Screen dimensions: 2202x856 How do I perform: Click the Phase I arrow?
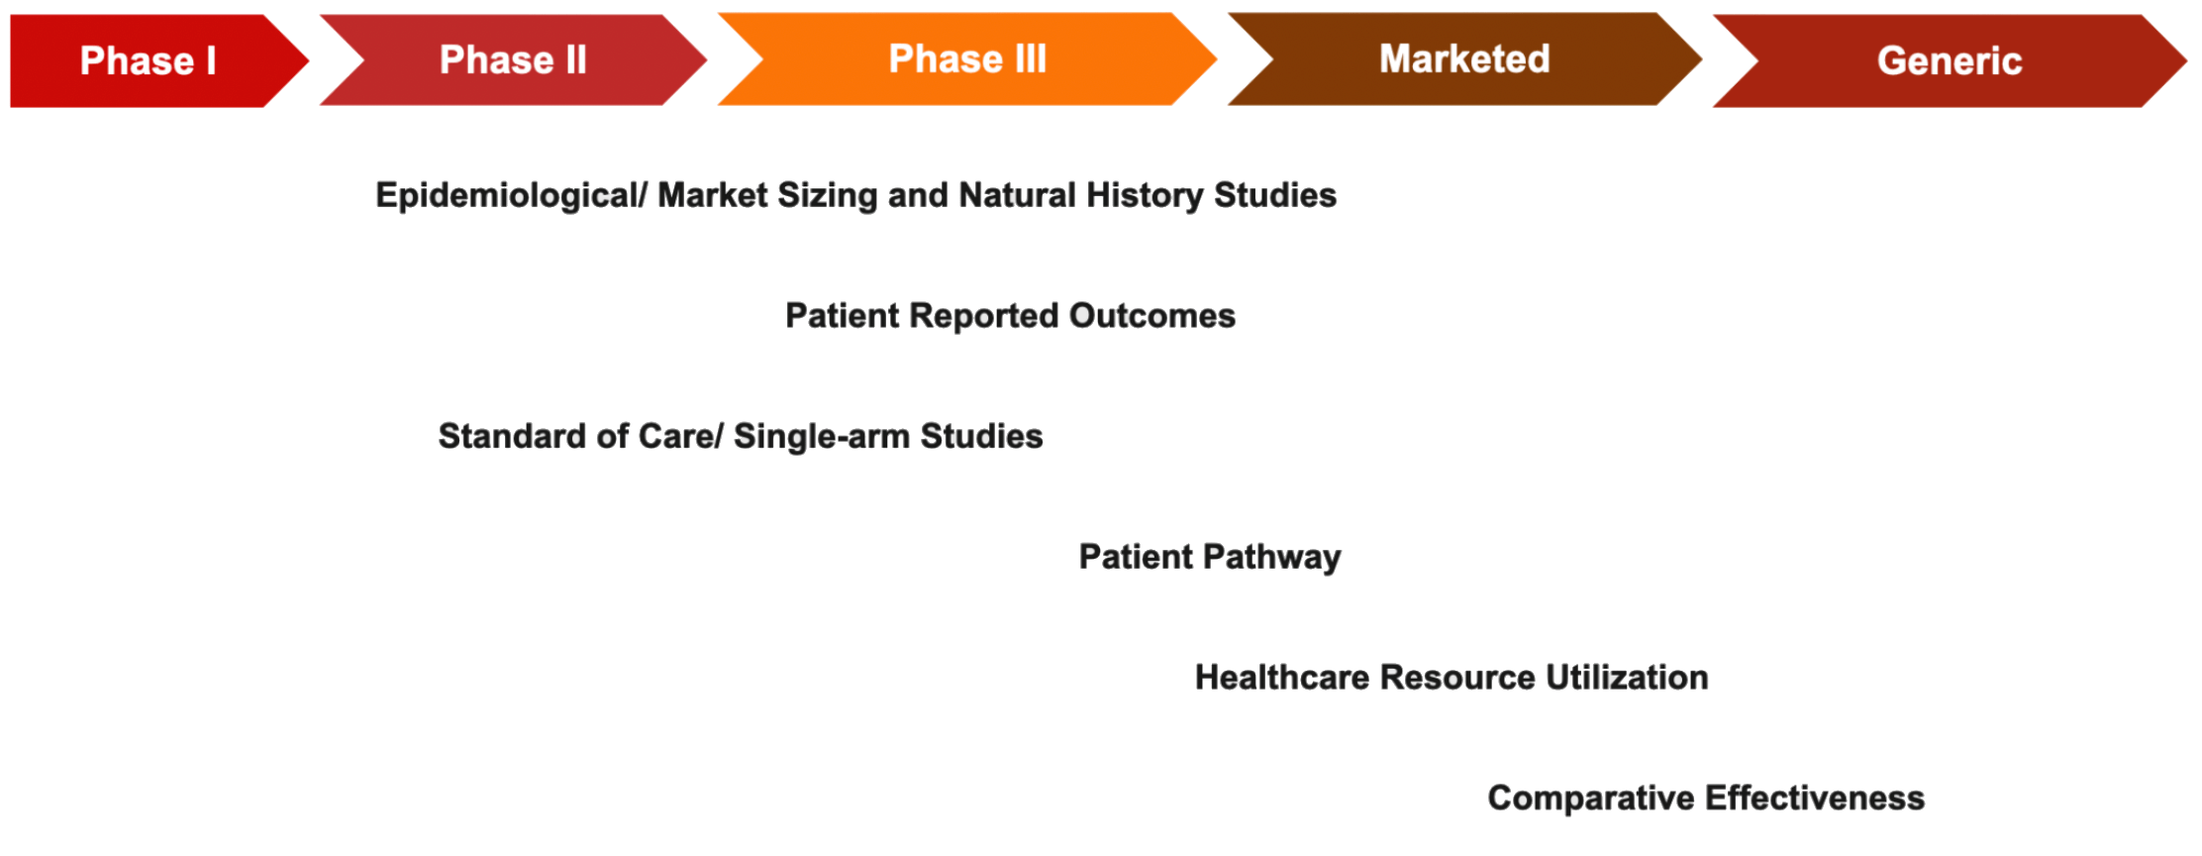pos(149,60)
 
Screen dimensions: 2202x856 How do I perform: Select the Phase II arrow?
pos(514,59)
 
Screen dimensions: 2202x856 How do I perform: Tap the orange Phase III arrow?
pos(967,58)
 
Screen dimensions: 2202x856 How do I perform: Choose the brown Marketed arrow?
pos(1465,58)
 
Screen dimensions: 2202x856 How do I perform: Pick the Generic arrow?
pos(1950,60)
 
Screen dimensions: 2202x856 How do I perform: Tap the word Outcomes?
pos(1152,316)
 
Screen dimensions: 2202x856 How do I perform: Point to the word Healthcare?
pos(1282,678)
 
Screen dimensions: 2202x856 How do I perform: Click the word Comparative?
pos(1591,798)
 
